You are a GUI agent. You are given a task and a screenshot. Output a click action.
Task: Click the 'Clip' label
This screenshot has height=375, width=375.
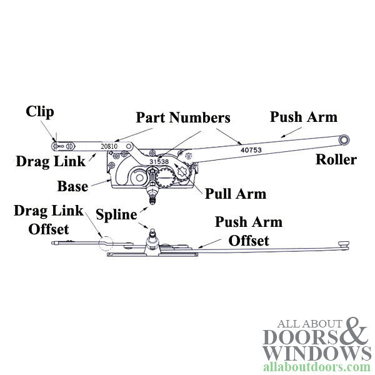pyautogui.click(x=40, y=112)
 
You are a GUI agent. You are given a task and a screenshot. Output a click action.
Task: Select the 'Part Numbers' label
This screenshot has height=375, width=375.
pyautogui.click(x=183, y=117)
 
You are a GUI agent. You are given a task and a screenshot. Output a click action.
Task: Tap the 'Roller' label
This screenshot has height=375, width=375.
pyautogui.click(x=336, y=159)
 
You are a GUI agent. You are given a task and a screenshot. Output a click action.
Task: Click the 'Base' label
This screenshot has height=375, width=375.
pyautogui.click(x=72, y=186)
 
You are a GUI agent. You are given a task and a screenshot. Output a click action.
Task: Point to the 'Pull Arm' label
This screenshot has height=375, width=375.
pyautogui.click(x=235, y=193)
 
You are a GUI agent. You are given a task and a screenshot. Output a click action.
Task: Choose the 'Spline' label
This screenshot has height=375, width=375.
pyautogui.click(x=116, y=214)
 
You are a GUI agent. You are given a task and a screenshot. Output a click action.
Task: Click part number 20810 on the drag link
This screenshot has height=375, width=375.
pyautogui.click(x=109, y=146)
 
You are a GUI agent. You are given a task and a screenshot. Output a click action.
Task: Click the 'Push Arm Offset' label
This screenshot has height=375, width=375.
pyautogui.click(x=248, y=231)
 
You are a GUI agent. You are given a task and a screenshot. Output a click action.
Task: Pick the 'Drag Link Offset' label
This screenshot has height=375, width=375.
pyautogui.click(x=49, y=219)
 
